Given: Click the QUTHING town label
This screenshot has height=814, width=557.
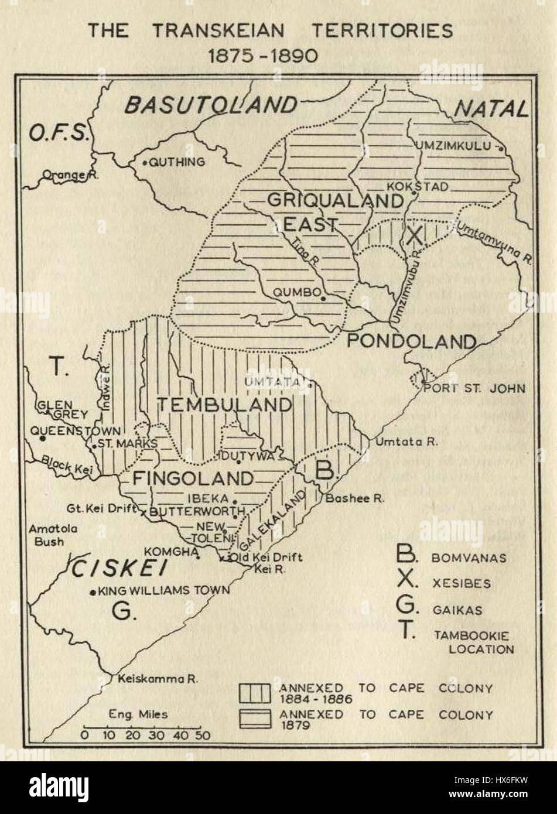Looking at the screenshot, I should [x=178, y=162].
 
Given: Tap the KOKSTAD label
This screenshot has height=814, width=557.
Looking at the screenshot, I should [x=426, y=186].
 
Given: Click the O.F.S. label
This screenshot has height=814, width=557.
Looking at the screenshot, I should [x=57, y=134].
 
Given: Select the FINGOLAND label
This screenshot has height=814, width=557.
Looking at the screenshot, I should [x=192, y=478].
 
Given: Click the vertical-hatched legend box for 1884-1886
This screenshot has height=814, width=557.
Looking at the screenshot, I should [x=255, y=693].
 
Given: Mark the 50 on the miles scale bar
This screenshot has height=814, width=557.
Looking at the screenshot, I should [x=203, y=735].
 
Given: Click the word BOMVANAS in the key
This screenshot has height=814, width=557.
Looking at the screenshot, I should [x=469, y=558].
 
